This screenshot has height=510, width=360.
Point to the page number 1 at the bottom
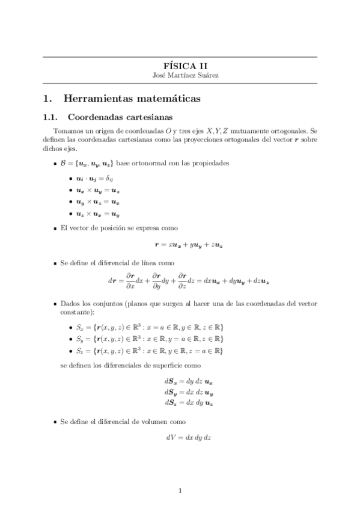[180, 491]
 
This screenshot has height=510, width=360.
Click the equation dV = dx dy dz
[188, 438]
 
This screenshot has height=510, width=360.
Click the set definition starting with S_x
[147, 327]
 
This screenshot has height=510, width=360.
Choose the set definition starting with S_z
[147, 350]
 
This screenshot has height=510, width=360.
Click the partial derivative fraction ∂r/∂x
[129, 281]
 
